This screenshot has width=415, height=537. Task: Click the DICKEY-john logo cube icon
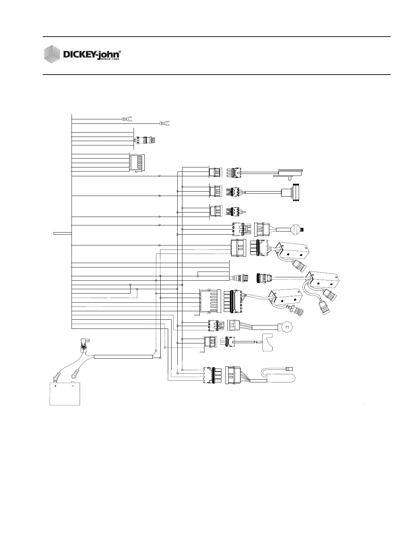pos(52,55)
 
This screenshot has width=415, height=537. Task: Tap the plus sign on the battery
pos(55,386)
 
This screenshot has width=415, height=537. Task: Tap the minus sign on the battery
pos(73,386)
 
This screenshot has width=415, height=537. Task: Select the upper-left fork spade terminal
pos(127,119)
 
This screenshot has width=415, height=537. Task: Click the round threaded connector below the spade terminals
pos(146,140)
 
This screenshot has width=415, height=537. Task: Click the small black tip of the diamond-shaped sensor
pos(303,230)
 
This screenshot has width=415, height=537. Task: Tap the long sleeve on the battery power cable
pos(123,357)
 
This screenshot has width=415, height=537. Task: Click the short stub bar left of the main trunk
pos(62,233)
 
